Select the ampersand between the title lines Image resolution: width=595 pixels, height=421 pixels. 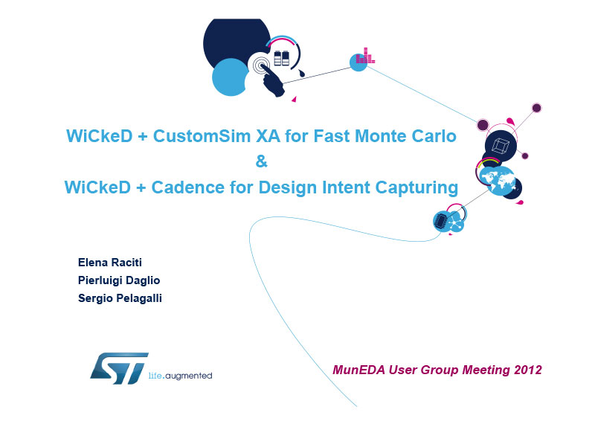click(x=262, y=161)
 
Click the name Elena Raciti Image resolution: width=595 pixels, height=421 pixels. click(x=110, y=263)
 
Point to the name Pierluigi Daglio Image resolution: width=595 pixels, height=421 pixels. click(x=119, y=280)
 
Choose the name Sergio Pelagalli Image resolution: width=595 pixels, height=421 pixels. click(x=120, y=298)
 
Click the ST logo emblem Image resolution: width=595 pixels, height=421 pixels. click(x=119, y=368)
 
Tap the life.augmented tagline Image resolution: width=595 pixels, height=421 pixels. click(x=180, y=376)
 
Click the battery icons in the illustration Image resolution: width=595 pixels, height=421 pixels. click(x=282, y=58)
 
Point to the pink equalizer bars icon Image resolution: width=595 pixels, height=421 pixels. click(x=365, y=56)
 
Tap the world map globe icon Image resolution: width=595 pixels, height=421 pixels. click(x=497, y=181)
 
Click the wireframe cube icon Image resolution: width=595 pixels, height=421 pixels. click(x=500, y=146)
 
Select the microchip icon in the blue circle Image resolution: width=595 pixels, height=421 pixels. click(x=441, y=222)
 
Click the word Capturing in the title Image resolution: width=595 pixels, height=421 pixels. click(x=416, y=188)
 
